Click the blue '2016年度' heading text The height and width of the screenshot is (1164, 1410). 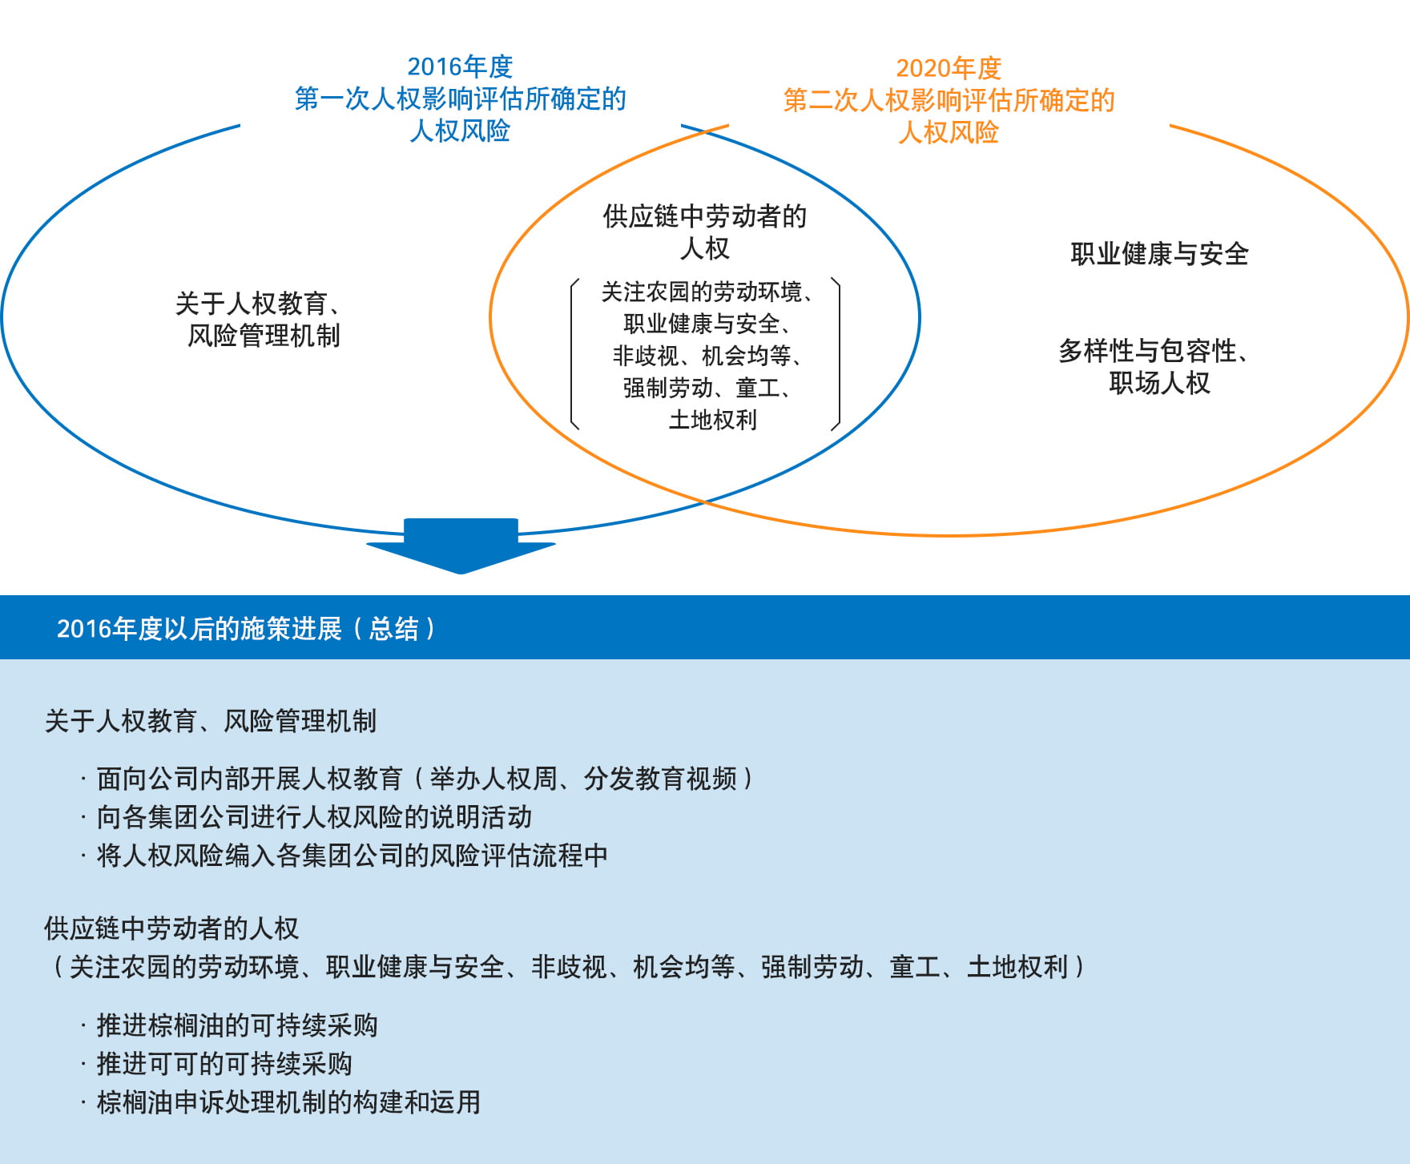[x=460, y=66]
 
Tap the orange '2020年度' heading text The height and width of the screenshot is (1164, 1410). [x=949, y=68]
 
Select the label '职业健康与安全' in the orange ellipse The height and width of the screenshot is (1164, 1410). [x=1159, y=254]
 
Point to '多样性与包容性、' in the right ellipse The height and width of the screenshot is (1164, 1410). [x=1154, y=351]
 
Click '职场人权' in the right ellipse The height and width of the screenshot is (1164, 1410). [x=1159, y=383]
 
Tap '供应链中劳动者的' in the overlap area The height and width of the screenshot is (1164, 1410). [x=705, y=216]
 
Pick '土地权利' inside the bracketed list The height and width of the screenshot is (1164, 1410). [x=712, y=420]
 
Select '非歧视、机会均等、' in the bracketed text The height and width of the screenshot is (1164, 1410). [x=709, y=356]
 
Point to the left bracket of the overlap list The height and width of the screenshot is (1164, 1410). [x=574, y=354]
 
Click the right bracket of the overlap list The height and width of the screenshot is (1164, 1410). [x=836, y=354]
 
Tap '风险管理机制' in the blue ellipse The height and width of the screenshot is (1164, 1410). [x=264, y=336]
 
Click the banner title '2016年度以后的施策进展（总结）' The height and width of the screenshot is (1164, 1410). [x=247, y=629]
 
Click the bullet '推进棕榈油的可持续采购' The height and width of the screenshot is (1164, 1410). [x=229, y=1025]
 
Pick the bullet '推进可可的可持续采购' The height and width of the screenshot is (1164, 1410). [x=216, y=1064]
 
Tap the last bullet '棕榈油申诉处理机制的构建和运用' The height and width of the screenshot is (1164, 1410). [x=280, y=1102]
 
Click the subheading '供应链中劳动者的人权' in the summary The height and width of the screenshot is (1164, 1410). [x=171, y=928]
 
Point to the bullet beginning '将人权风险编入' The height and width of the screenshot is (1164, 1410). [x=344, y=856]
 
